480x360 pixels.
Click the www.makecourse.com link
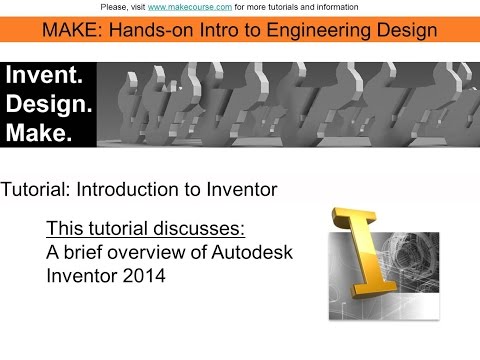tap(190, 7)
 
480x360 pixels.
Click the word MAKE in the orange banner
tap(71, 29)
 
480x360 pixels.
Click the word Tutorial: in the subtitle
tap(36, 187)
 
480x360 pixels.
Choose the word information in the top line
tap(332, 7)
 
